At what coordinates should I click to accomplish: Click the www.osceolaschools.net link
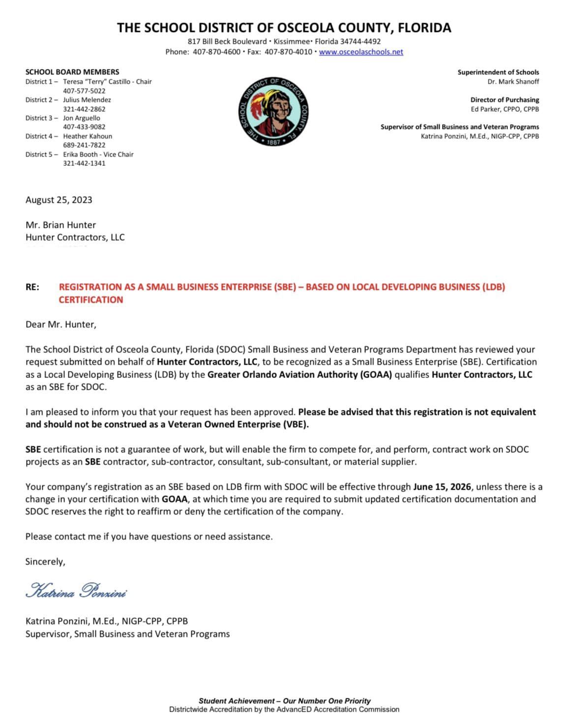361,52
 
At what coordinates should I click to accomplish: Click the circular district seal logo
273,111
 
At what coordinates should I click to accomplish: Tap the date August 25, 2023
59,200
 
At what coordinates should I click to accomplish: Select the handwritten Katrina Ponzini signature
78,591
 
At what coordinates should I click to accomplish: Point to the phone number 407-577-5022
84,91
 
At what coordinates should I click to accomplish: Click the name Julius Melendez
87,100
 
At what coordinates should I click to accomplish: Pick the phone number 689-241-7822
84,145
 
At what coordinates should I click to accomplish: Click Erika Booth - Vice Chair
98,155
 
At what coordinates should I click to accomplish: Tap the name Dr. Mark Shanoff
513,81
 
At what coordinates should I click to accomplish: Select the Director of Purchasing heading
504,99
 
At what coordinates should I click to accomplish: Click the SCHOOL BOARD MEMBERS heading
72,72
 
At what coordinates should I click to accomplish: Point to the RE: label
32,287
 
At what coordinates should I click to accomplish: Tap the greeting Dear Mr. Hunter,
61,324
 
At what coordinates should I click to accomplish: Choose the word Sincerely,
45,562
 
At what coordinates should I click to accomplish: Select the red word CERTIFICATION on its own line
91,300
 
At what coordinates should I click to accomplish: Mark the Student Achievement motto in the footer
284,701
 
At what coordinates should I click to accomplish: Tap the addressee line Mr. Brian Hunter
60,225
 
